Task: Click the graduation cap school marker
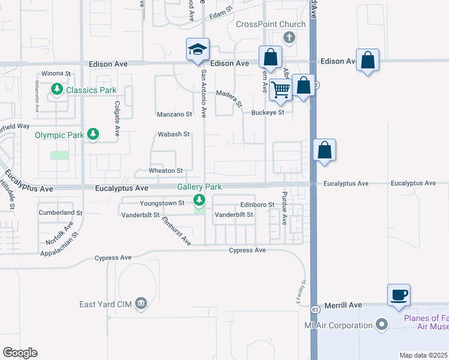197,50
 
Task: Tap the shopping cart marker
281,90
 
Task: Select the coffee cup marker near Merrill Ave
399,295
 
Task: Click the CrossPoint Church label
271,24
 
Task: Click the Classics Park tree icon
58,90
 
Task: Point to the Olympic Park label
59,135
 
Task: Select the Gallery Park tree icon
199,200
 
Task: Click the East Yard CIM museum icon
141,304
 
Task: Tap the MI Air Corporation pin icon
381,326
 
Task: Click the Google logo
20,353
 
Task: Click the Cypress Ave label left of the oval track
113,258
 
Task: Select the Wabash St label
173,134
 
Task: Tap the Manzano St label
174,113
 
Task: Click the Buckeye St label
268,112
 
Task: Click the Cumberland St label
60,212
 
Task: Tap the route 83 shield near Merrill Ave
315,309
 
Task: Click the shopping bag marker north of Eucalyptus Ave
324,150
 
